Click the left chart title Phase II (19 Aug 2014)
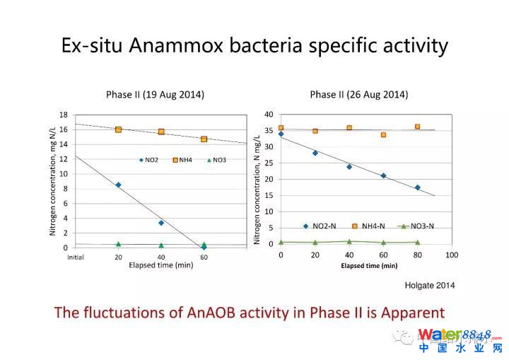[155, 95]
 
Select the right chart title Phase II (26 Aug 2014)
[358, 95]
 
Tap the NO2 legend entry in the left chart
[149, 160]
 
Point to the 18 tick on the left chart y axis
[63, 115]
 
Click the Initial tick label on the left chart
[75, 257]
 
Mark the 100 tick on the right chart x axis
[451, 254]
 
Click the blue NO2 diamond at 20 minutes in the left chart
[118, 185]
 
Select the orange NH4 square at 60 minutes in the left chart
[204, 139]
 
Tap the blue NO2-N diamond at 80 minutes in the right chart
[417, 187]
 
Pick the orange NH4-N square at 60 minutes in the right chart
[383, 135]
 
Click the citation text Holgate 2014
[429, 286]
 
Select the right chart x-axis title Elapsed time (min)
[369, 266]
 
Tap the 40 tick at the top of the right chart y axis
[269, 115]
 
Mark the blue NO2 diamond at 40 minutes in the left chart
[161, 223]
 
